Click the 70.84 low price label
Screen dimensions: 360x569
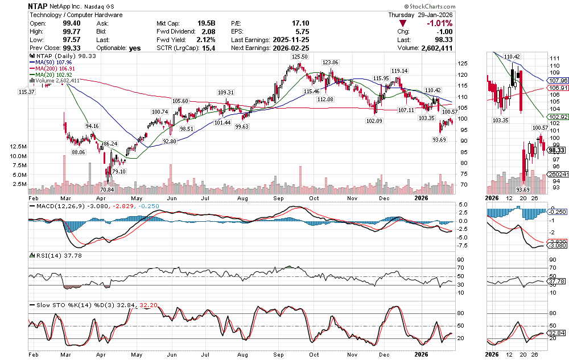click(x=107, y=189)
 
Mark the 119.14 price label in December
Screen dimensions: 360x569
click(x=399, y=71)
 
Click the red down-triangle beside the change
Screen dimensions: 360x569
click(x=403, y=23)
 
